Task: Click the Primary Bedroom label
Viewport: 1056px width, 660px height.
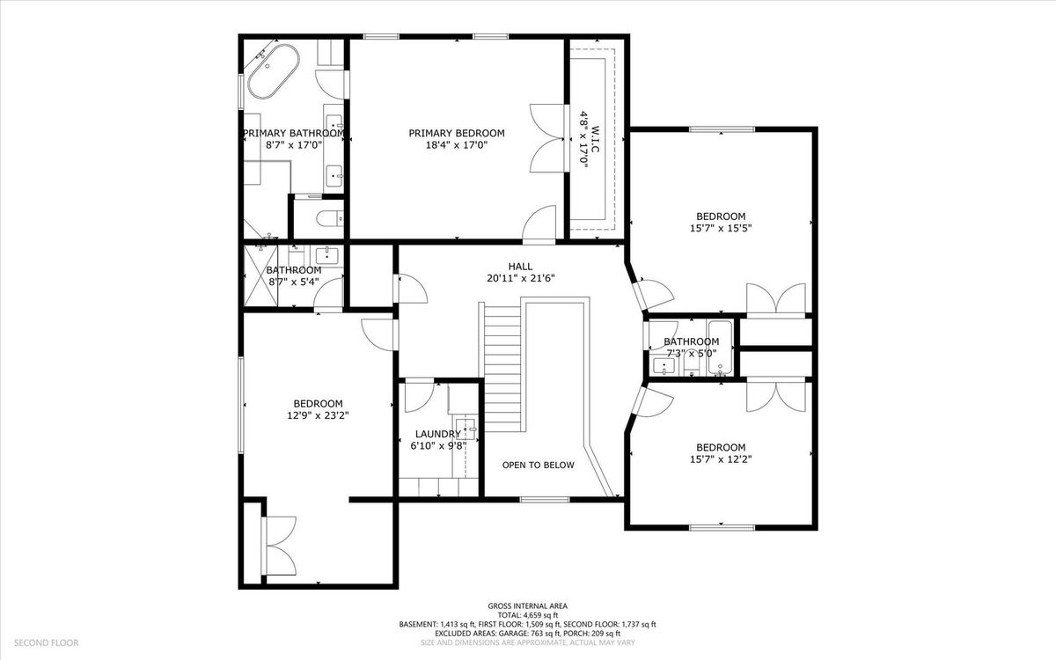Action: point(457,134)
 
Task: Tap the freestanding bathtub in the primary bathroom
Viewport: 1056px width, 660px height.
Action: point(274,71)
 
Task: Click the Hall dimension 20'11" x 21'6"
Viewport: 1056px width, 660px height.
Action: point(520,279)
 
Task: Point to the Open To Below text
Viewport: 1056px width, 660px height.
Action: point(538,466)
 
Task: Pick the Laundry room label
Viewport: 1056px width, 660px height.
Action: point(438,434)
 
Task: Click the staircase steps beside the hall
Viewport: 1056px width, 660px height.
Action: point(502,368)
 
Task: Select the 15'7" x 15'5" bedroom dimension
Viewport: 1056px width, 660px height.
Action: point(721,229)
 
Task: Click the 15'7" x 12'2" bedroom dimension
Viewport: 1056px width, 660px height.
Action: point(721,459)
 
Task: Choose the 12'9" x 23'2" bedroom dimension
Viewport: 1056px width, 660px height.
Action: point(318,415)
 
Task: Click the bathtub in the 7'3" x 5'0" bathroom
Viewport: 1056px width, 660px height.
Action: point(720,348)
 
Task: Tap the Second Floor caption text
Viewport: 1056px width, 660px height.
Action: point(46,642)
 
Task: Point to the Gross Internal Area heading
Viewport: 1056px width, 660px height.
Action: point(527,606)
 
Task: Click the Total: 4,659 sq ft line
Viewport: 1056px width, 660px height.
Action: point(527,615)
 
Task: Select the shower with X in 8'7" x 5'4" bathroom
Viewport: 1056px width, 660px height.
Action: point(260,276)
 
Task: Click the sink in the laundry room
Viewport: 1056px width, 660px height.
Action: point(466,429)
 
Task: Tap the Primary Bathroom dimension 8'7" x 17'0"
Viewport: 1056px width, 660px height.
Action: point(294,145)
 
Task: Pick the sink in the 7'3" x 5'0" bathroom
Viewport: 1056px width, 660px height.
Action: point(664,366)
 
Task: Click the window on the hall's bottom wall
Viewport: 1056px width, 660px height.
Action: point(545,499)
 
